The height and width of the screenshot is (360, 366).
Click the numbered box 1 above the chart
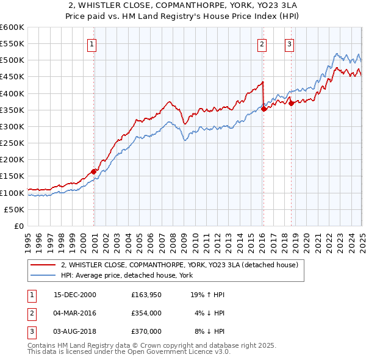coord(91,44)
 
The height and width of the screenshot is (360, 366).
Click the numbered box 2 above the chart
coord(261,44)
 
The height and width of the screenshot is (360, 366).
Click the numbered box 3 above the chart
coord(289,44)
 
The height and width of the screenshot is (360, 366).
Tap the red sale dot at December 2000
coord(94,171)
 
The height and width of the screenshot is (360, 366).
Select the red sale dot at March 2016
coord(264,109)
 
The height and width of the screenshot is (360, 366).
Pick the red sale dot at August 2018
coord(291,103)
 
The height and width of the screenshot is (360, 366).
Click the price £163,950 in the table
coord(146,294)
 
